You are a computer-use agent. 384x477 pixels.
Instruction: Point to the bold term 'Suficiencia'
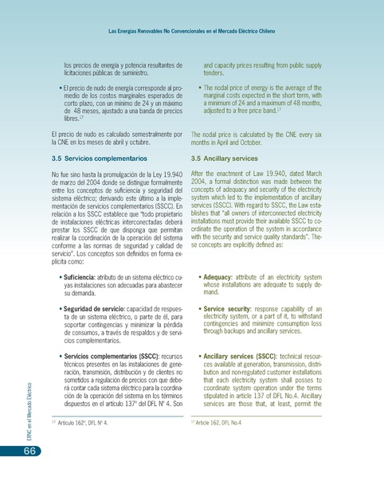[x=81, y=276]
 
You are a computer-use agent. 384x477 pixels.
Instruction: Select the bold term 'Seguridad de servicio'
[x=99, y=309]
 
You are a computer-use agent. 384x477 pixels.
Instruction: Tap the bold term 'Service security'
[x=232, y=309]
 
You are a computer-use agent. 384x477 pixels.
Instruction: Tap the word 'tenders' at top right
[x=216, y=72]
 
